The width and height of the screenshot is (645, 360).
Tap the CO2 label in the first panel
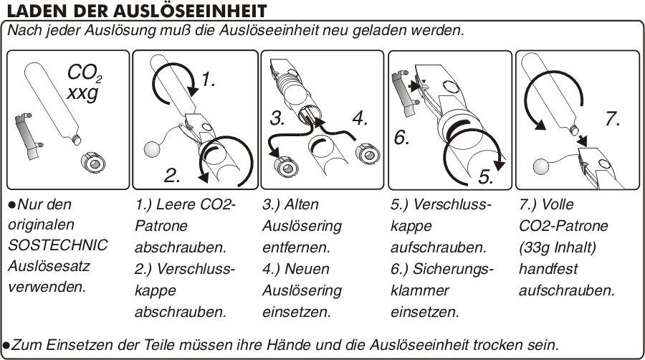[84, 74]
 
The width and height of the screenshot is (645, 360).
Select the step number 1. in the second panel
[207, 81]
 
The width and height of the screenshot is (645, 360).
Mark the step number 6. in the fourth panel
[401, 136]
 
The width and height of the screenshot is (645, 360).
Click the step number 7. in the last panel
[613, 118]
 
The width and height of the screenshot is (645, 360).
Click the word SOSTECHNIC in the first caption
[58, 245]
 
